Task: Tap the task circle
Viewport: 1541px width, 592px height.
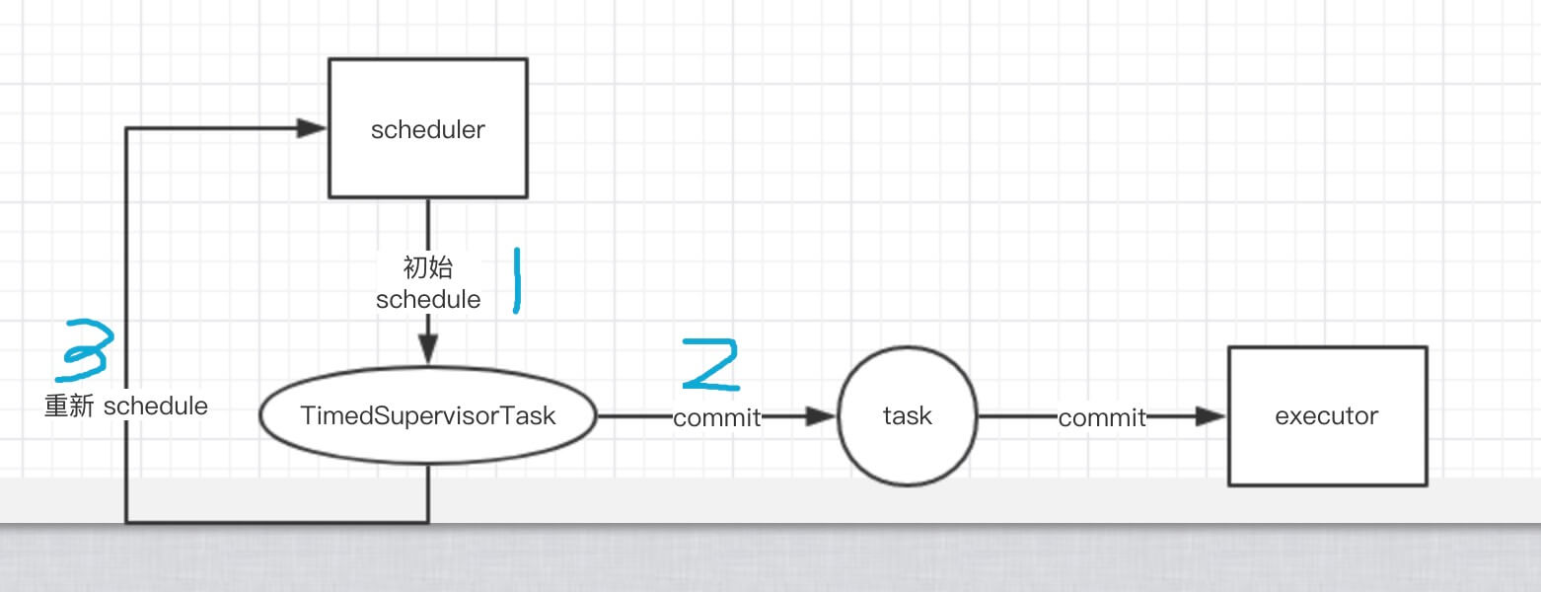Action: point(907,416)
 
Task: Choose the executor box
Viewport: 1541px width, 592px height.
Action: point(1327,415)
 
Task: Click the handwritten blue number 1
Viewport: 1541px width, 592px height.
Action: point(515,281)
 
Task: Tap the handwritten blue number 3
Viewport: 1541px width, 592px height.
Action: point(85,351)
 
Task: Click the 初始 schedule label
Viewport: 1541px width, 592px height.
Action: point(428,283)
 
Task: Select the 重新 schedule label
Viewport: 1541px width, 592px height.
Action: point(126,406)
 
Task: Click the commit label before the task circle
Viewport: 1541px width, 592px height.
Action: point(717,418)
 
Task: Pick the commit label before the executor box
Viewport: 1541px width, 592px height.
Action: point(1102,418)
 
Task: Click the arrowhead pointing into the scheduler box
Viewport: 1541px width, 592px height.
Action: point(313,128)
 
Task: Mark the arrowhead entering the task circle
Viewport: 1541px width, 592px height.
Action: point(821,416)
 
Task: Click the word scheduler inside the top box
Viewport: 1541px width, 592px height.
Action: point(427,129)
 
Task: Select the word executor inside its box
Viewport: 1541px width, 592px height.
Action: point(1327,415)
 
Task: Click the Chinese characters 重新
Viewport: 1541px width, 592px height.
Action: point(68,406)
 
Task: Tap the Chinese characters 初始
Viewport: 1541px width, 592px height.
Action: point(428,268)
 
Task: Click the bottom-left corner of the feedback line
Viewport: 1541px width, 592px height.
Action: point(126,521)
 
